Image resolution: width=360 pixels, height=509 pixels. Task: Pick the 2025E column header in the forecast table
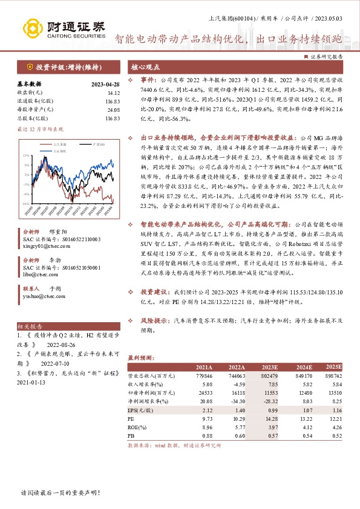tap(333, 367)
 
